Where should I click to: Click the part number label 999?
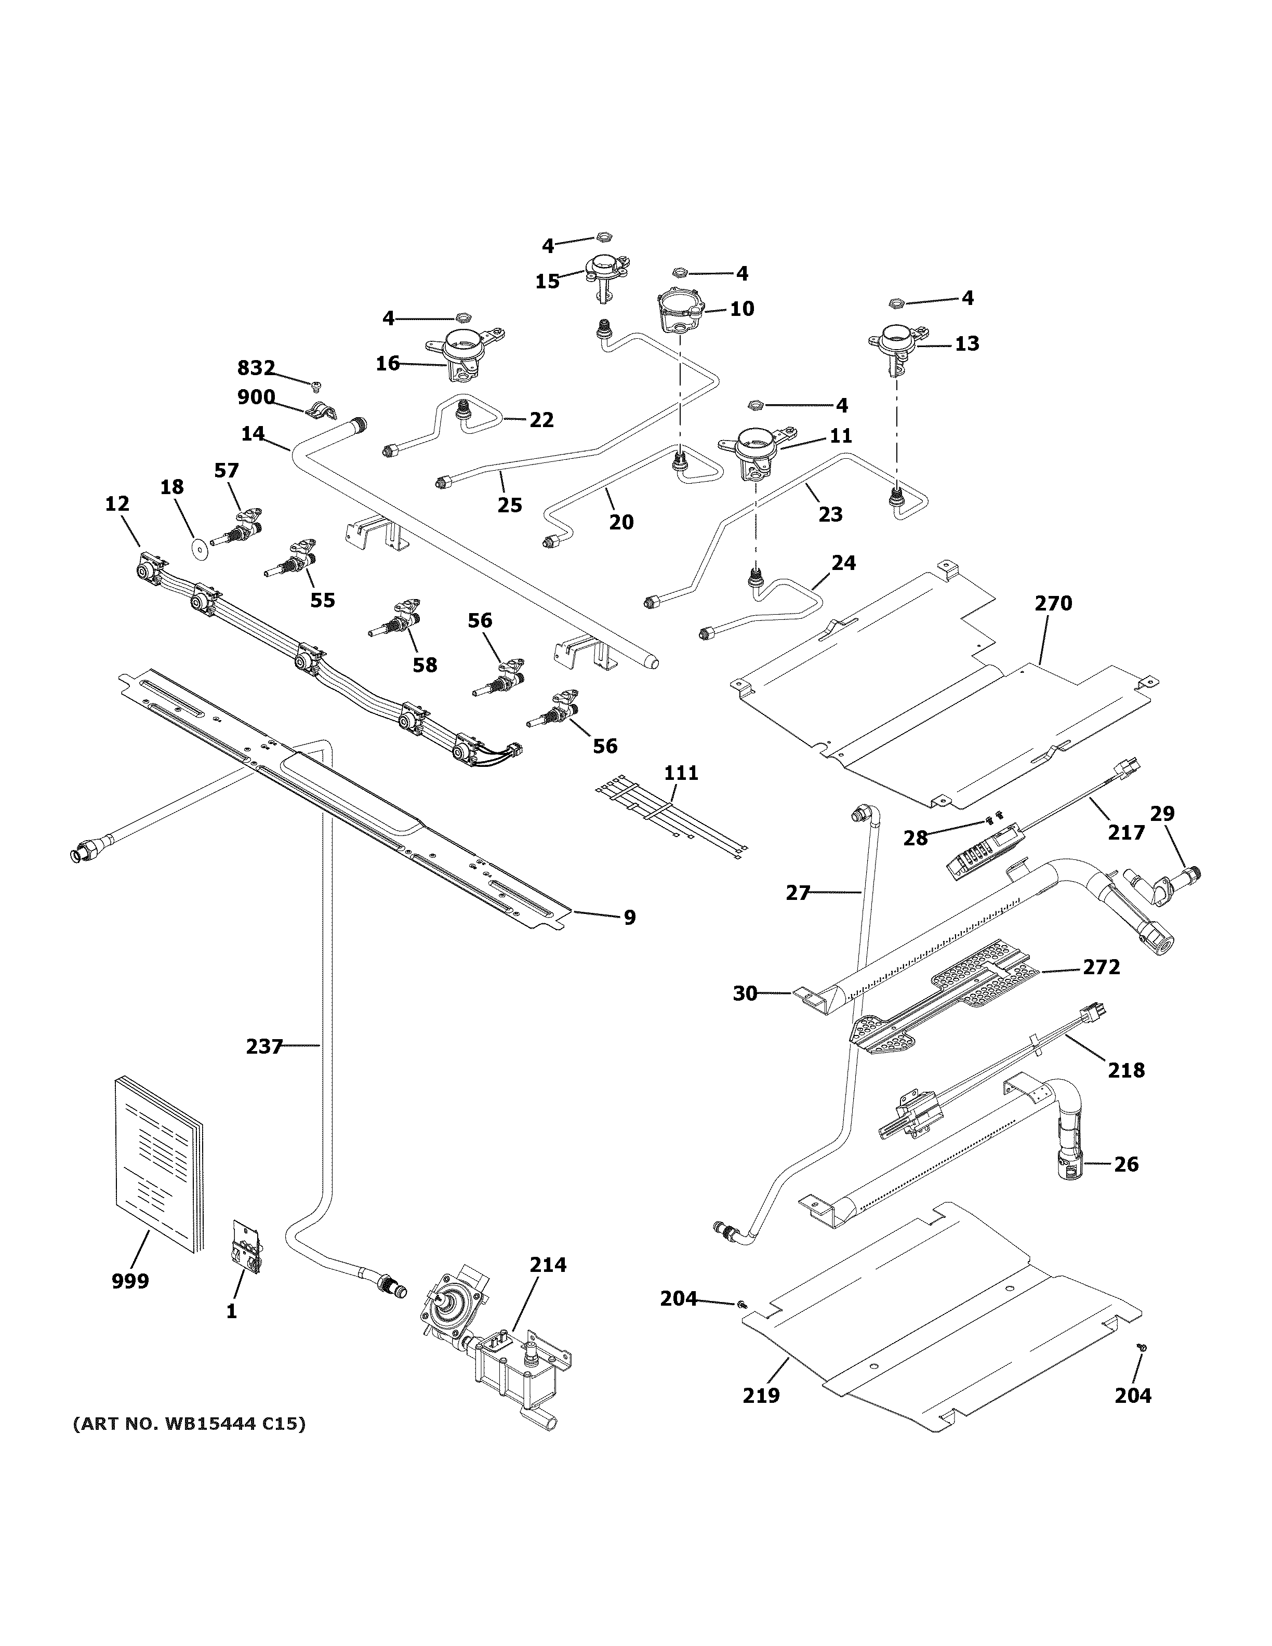point(130,1280)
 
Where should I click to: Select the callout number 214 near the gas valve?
point(548,1265)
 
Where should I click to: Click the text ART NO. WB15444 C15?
point(189,1424)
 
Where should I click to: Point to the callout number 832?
point(256,368)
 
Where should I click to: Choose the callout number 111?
point(681,773)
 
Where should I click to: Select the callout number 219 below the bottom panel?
point(761,1395)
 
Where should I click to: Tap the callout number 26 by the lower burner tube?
point(1126,1164)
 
